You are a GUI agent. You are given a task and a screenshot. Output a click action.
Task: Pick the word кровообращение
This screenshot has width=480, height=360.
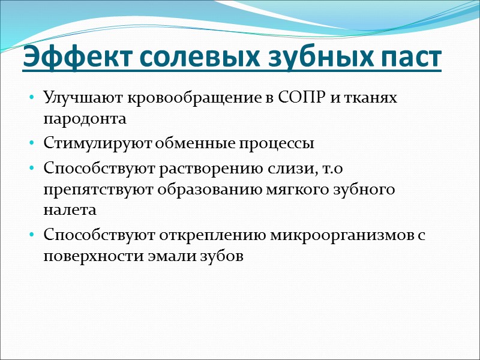coord(166,99)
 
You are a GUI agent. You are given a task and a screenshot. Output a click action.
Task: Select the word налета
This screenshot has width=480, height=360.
coord(69,209)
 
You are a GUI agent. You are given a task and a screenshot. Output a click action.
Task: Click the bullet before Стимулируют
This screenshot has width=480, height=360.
coord(31,145)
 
